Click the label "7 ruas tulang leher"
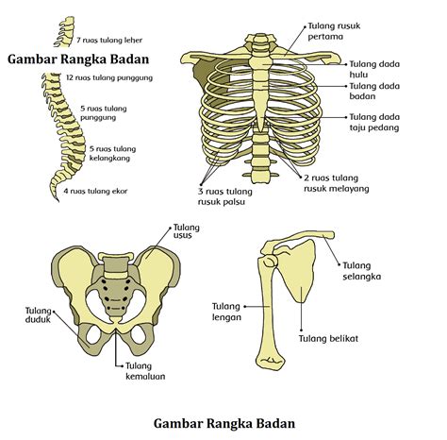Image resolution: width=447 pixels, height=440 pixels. (x=109, y=41)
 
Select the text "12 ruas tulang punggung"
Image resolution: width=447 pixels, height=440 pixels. (x=109, y=77)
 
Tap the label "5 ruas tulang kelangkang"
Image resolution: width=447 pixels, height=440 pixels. (x=112, y=153)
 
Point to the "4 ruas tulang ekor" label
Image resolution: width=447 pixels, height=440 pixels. (x=95, y=191)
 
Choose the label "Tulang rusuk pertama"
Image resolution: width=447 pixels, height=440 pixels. (x=334, y=31)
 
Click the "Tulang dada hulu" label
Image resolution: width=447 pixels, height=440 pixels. (x=374, y=69)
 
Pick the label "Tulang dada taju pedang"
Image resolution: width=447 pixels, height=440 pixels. (x=374, y=122)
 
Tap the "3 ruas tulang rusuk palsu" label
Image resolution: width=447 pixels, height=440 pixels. (x=225, y=196)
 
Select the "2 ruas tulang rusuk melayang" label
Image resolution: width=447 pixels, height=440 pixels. (x=337, y=183)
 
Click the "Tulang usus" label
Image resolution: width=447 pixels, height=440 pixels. (x=187, y=231)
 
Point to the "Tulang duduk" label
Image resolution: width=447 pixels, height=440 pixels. (x=38, y=315)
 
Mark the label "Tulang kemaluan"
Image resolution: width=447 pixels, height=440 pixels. (x=145, y=371)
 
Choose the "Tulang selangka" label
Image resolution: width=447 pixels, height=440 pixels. (x=361, y=271)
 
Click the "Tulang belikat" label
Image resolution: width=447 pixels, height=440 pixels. (x=328, y=339)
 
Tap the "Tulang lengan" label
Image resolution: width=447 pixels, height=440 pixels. (x=226, y=312)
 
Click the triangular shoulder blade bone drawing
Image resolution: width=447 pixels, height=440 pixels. (x=297, y=272)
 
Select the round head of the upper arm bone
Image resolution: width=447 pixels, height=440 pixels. (x=270, y=262)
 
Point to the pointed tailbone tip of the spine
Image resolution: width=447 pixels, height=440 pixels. (x=58, y=200)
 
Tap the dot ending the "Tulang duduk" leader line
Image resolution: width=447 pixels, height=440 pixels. (x=54, y=312)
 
